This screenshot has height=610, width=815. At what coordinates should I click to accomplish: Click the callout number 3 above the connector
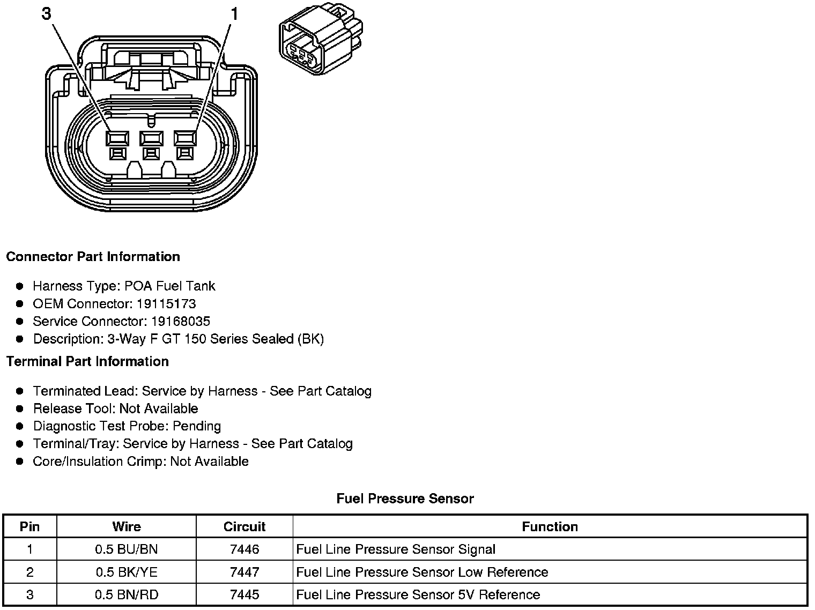(47, 14)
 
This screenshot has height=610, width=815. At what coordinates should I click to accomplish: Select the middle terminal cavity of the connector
(151, 139)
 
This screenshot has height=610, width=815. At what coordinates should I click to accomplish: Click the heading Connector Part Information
(93, 257)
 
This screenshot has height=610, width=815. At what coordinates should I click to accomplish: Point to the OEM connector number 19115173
(166, 304)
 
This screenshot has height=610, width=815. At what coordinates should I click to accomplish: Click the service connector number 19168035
(180, 322)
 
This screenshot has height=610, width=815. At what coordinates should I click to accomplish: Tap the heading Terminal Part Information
(87, 362)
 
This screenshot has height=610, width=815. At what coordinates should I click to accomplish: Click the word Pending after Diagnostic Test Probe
(197, 426)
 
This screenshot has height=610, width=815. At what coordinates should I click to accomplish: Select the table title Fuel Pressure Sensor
(405, 499)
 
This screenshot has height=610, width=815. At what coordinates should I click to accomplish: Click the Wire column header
(127, 527)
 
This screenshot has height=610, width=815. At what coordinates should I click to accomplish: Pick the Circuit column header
(244, 527)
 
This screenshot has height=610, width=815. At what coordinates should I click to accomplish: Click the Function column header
(550, 527)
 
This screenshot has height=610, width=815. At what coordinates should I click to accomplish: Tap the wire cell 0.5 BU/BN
(127, 549)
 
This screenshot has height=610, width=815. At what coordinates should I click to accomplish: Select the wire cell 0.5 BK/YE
(127, 572)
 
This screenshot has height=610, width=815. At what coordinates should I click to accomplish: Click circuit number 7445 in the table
(244, 595)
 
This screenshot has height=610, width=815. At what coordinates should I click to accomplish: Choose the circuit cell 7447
(244, 572)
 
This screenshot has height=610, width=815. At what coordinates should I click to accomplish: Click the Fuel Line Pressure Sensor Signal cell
(396, 549)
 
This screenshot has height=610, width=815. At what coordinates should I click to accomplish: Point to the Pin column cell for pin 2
(30, 572)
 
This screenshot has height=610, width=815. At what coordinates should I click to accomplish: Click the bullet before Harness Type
(20, 286)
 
